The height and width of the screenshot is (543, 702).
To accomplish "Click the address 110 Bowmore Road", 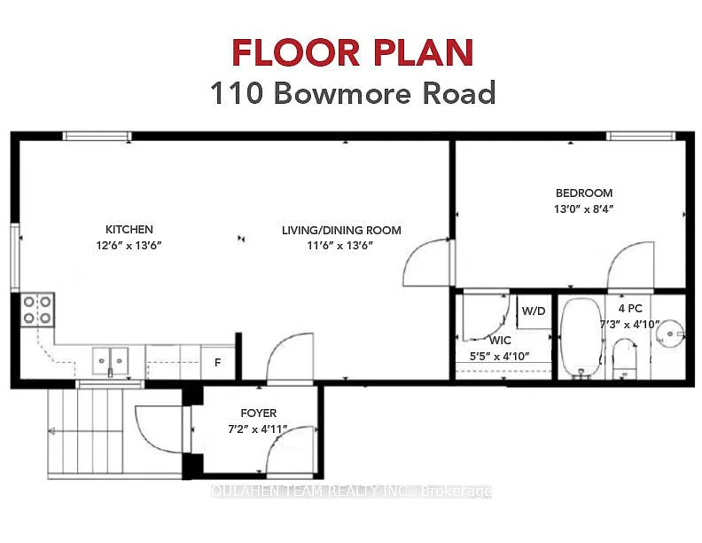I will (351, 93).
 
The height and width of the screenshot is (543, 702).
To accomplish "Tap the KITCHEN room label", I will (129, 229).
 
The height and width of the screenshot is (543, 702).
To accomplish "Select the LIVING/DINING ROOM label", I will (341, 230).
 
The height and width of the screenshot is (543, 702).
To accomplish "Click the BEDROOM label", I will (583, 193).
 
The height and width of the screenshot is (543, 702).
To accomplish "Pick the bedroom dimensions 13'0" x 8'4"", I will (583, 209).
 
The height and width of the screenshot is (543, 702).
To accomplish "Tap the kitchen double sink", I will (111, 360).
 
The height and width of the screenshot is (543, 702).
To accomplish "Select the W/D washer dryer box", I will (534, 311).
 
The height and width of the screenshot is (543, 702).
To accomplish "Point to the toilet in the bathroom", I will (626, 359).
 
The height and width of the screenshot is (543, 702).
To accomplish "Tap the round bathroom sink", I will (673, 334).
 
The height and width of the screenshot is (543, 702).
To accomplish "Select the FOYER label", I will (259, 413).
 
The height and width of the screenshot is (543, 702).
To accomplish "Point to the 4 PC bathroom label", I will (630, 308).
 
